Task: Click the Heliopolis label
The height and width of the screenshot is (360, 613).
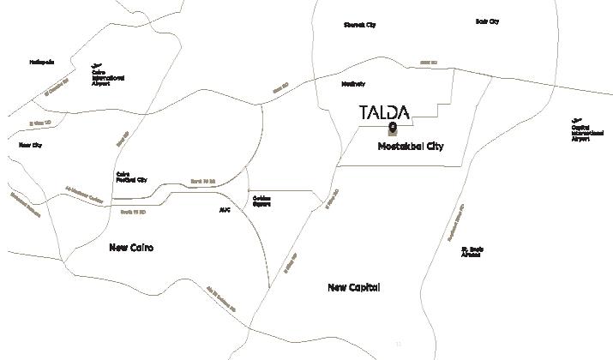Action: [42, 62]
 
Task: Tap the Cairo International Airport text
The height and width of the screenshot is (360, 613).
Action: [108, 78]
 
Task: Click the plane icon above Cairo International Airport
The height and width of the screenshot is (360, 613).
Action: [97, 65]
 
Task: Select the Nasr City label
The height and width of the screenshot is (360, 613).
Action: [31, 145]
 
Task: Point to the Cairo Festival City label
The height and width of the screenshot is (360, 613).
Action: [130, 177]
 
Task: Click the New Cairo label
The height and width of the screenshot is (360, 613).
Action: [137, 247]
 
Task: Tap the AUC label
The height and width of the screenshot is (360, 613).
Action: [225, 209]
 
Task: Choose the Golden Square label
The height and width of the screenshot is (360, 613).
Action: [262, 201]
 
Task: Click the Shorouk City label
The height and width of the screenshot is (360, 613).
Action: [359, 25]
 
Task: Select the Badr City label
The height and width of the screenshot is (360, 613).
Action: [487, 21]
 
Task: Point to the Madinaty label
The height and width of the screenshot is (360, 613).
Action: [353, 84]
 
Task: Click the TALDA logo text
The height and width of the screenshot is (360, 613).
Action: [383, 112]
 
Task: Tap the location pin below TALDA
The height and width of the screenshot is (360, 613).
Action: [391, 129]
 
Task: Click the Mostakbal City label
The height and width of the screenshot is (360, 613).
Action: [411, 147]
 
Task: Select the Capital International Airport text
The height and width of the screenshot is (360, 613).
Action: [581, 133]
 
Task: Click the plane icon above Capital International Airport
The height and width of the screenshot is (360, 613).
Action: [577, 120]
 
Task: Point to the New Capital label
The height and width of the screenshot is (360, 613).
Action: [353, 287]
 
